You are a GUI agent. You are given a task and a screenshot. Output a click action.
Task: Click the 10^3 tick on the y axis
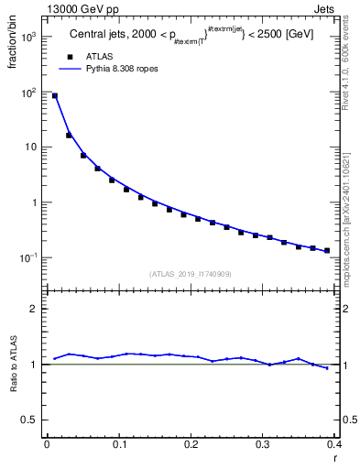coord(29,38)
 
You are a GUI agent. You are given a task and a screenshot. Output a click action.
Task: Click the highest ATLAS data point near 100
coord(54,95)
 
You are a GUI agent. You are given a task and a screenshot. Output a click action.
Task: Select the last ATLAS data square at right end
coord(327,250)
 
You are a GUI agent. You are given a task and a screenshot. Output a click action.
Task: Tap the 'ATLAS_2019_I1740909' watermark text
coord(189,274)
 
